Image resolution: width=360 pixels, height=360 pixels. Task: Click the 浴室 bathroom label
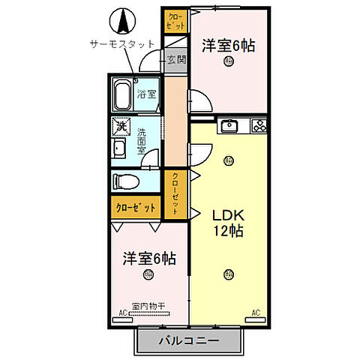(146, 94)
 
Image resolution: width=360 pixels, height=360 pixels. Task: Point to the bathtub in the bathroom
(123, 95)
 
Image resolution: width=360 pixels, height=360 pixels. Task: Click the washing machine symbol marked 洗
(120, 127)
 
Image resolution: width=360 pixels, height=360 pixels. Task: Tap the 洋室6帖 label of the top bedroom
(228, 46)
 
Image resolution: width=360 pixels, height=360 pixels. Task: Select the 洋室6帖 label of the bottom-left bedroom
(149, 259)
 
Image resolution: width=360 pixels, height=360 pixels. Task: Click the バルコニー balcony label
(189, 340)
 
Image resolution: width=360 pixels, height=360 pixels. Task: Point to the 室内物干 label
(148, 306)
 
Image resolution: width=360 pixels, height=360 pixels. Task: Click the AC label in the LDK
(255, 312)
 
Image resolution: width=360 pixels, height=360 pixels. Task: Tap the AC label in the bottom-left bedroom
(122, 313)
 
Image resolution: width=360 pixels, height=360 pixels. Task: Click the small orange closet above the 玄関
(174, 20)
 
